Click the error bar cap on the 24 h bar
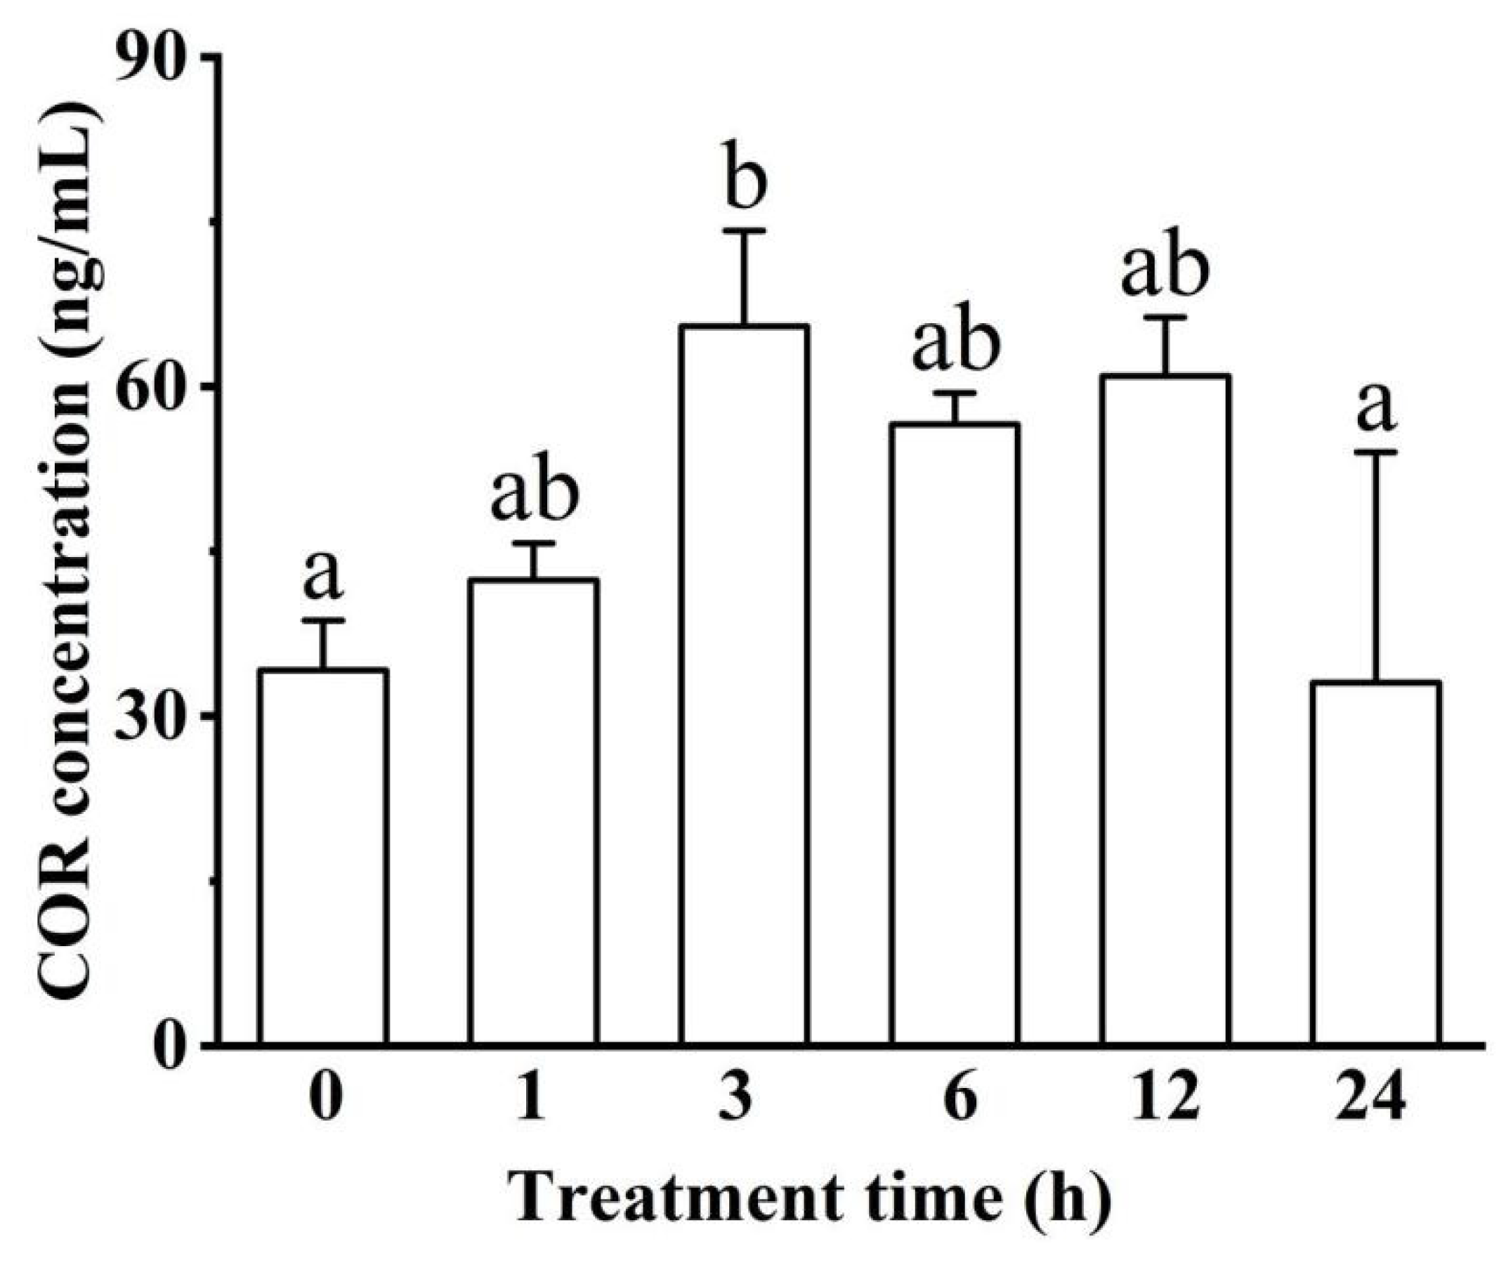(x=1376, y=452)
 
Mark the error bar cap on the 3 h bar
(x=745, y=230)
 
